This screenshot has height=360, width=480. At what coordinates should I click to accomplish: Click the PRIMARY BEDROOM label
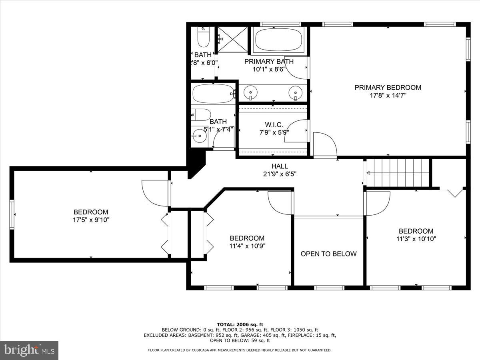tap(388, 87)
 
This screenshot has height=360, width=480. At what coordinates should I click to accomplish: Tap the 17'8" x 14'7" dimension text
tap(388, 96)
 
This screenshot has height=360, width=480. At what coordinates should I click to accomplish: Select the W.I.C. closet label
tap(274, 124)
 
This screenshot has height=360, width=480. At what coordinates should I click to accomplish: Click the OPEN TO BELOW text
tap(328, 254)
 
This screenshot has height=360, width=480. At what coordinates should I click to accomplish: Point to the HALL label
tap(279, 166)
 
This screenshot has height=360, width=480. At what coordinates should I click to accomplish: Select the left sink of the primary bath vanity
tap(251, 92)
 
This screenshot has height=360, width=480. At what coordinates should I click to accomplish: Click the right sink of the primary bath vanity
tap(296, 92)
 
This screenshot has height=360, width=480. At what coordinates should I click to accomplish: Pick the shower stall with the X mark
tap(233, 39)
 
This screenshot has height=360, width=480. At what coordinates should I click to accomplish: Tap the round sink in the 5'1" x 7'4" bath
tap(199, 136)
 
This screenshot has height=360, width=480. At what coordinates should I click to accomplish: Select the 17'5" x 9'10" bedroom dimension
tap(91, 220)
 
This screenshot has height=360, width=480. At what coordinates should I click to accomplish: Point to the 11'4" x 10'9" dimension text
tap(247, 246)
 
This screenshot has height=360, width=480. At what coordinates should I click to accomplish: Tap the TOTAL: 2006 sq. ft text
tap(240, 324)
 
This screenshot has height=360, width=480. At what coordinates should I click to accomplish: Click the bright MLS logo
tap(29, 350)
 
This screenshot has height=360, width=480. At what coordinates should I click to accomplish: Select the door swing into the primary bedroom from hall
tap(325, 144)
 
